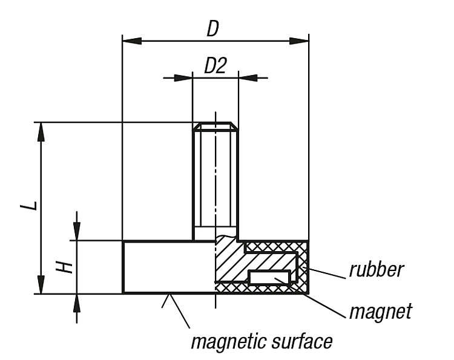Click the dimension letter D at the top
[213, 28]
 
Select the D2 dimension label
[215, 65]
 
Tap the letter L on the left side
[29, 206]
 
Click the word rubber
[376, 269]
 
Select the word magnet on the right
[381, 312]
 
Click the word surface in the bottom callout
[302, 341]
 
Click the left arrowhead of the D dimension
[132, 41]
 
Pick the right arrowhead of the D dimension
[299, 41]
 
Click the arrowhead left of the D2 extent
[183, 78]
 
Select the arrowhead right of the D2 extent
[248, 78]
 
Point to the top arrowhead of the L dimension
[41, 132]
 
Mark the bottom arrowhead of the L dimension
[41, 284]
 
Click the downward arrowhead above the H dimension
[76, 231]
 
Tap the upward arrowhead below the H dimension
[76, 304]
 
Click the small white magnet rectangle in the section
[269, 278]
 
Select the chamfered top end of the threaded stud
[215, 126]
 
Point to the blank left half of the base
[169, 267]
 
